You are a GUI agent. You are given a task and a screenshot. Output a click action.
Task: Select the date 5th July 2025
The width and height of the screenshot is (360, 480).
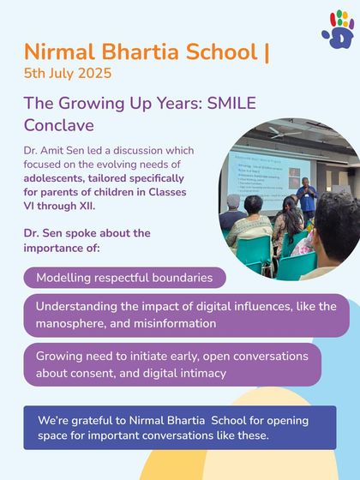point(68,73)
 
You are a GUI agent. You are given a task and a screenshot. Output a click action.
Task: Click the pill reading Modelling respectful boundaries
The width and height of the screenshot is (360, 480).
point(125,278)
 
